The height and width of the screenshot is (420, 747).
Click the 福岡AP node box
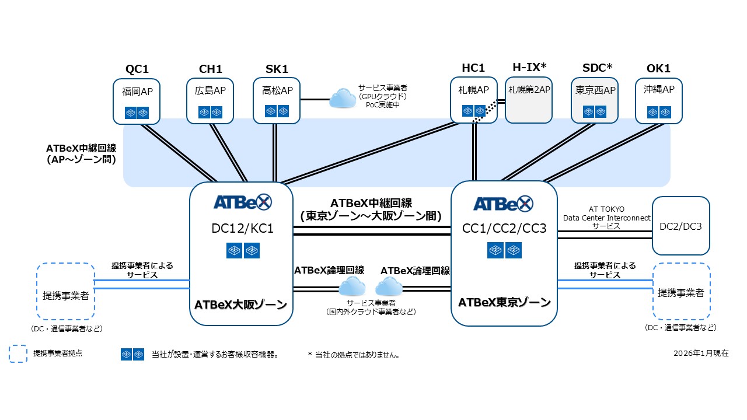coord(137,101)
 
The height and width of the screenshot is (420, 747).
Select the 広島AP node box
coord(210,101)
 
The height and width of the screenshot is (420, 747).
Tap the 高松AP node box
coord(277,101)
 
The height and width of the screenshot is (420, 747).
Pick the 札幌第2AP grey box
coord(528,100)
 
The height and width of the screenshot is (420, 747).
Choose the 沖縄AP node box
coord(659,101)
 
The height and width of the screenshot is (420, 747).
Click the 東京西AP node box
coord(595,101)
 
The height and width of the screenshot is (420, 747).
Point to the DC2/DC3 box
coord(680,226)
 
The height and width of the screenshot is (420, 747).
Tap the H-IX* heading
coord(529,68)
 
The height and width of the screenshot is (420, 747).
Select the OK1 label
coord(658,69)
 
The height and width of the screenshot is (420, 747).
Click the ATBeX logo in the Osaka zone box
coord(242,202)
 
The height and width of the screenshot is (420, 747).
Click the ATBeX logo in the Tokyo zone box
coord(503,204)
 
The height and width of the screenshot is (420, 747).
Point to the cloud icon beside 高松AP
coord(343,99)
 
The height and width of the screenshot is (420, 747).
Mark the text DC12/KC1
coord(242,228)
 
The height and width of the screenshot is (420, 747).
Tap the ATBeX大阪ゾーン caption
coord(241,304)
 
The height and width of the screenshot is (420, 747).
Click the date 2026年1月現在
coord(700,353)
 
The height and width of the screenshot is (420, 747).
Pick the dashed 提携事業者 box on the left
coord(65,291)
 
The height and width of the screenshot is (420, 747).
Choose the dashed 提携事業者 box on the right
coord(681,291)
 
